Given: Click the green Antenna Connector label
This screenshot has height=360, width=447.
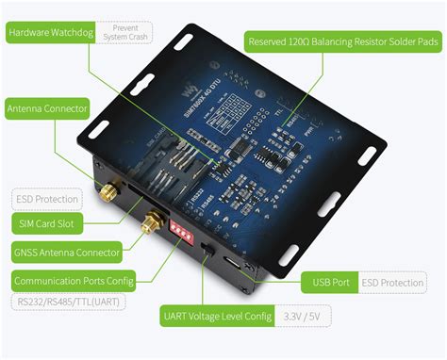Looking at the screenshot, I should (48, 108).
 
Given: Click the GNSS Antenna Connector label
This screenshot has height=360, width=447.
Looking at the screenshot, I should (65, 252).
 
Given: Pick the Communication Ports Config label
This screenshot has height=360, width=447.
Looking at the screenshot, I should (74, 279).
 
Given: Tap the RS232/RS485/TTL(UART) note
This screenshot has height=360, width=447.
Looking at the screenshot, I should (67, 303).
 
